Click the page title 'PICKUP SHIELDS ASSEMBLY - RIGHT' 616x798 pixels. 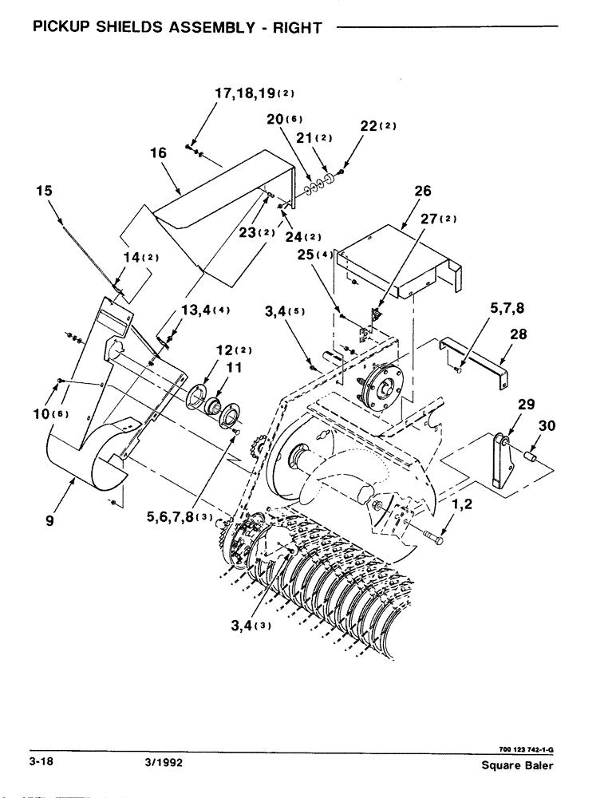click(x=176, y=28)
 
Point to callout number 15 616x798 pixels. click(x=45, y=191)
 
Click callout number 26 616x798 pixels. click(x=422, y=191)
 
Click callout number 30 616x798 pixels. click(x=546, y=426)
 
